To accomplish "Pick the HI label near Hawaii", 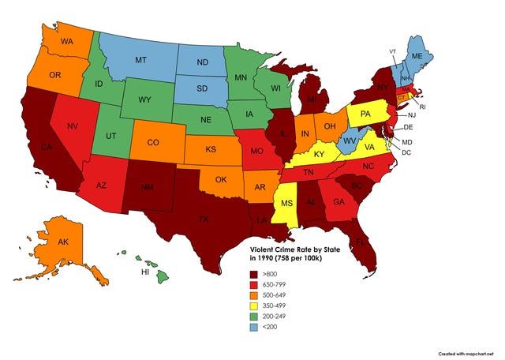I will click(144, 272).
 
